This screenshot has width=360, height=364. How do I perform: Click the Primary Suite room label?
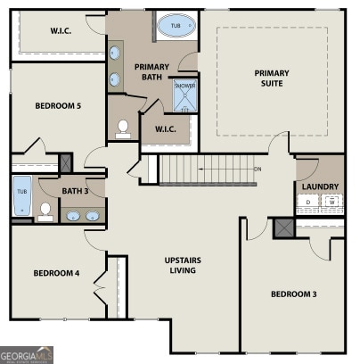click(272, 79)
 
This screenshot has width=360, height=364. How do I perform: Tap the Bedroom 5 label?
click(58, 106)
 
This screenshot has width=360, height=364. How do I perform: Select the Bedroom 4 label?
click(56, 273)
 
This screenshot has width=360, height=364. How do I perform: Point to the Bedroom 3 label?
click(293, 294)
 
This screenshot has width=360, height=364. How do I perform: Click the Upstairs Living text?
click(188, 266)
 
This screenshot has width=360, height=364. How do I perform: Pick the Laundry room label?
click(320, 186)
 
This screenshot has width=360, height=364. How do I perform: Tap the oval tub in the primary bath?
click(173, 28)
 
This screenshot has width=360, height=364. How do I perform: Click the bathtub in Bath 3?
click(21, 196)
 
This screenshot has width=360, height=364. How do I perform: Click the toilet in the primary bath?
click(123, 128)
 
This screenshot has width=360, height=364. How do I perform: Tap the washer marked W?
click(331, 203)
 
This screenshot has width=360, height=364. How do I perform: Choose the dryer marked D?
click(308, 203)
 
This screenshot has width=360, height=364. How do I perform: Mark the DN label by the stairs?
click(258, 169)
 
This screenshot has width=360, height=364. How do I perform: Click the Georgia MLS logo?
click(27, 355)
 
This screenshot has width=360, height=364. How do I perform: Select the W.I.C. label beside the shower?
click(166, 129)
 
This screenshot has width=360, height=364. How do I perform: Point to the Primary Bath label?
click(151, 72)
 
